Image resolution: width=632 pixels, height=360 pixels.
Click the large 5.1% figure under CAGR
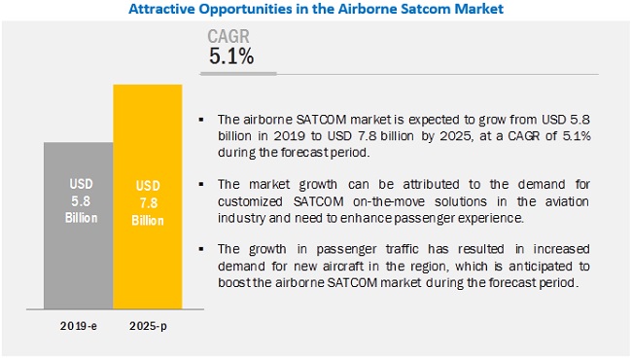[231, 56]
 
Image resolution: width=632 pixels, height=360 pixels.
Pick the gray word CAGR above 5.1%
[231, 37]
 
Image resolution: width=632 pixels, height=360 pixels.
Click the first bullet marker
[200, 117]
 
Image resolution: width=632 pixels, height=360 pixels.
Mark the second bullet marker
[200, 182]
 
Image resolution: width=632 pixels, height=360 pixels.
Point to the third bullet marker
[200, 234]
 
